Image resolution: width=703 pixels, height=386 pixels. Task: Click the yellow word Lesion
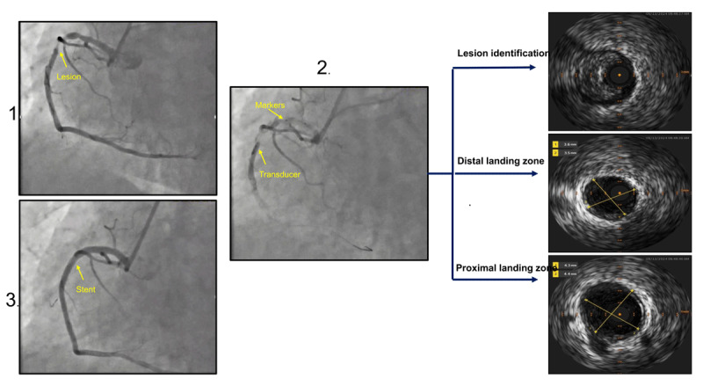tap(69, 76)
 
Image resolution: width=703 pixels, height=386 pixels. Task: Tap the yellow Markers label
tap(271, 105)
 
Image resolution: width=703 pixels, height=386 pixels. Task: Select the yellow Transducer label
tap(280, 175)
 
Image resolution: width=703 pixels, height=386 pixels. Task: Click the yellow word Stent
tap(85, 287)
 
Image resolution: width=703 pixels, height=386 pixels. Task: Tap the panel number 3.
tap(11, 300)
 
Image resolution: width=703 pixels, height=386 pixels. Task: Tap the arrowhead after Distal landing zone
tap(539, 174)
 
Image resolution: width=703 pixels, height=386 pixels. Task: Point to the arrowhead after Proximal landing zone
tap(539, 280)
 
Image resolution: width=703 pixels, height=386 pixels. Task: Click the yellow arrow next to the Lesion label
tap(64, 59)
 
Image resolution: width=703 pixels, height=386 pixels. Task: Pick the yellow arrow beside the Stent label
tap(79, 272)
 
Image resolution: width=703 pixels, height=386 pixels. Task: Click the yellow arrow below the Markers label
tap(279, 113)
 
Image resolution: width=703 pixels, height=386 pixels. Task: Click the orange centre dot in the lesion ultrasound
tap(620, 76)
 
